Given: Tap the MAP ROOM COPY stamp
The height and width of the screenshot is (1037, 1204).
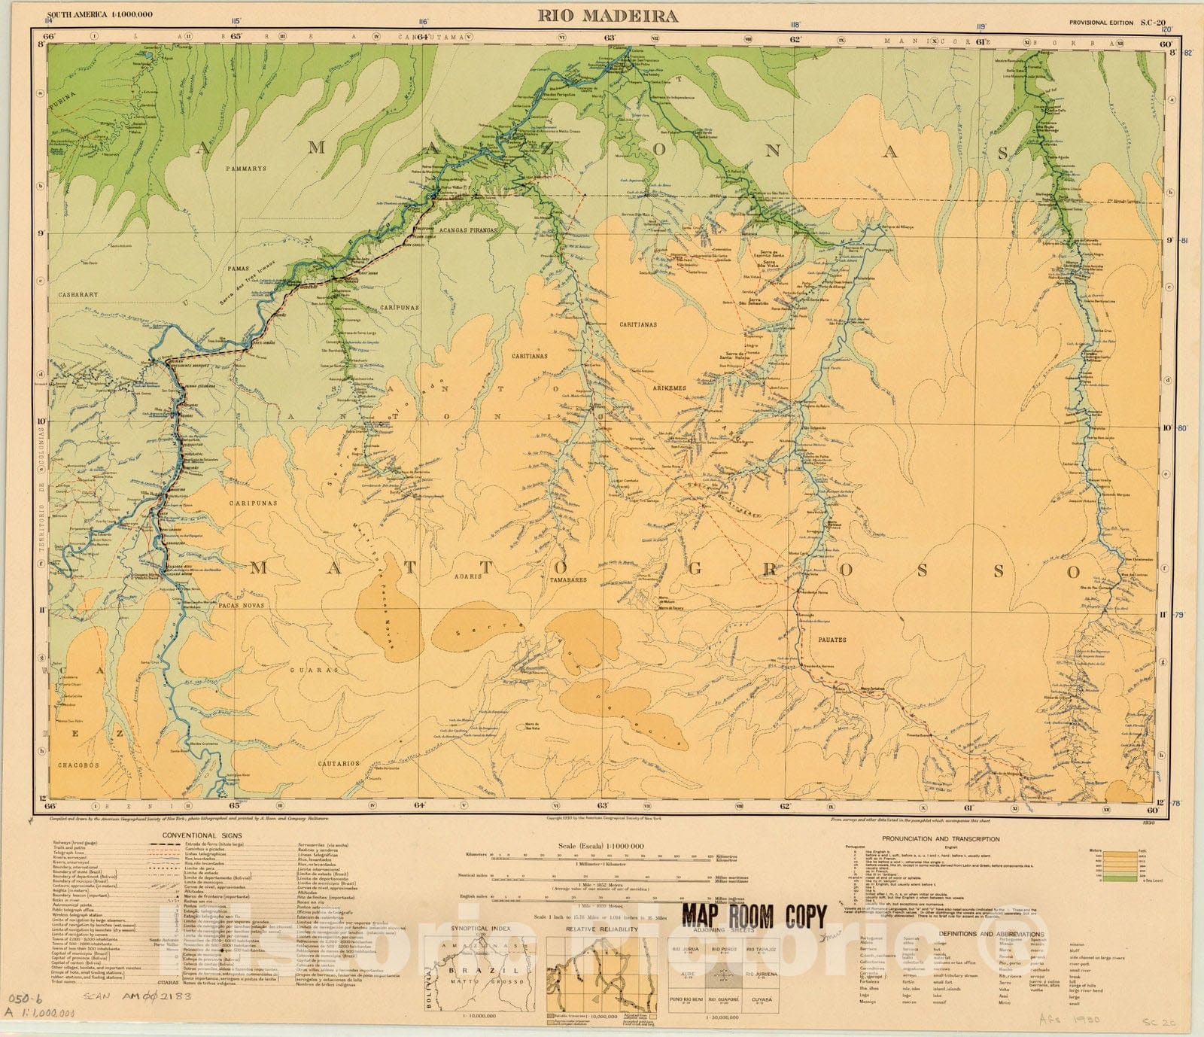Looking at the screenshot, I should click(x=754, y=916).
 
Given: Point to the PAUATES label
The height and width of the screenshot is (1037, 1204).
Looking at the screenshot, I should click(x=831, y=640).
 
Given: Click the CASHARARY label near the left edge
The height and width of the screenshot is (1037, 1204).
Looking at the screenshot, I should click(x=78, y=295).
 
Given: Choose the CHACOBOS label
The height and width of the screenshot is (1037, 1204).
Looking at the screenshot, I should click(x=78, y=765).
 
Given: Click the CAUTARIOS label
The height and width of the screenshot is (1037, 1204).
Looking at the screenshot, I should click(x=338, y=763).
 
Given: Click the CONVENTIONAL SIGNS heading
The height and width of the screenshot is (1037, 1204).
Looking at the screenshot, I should click(x=200, y=835).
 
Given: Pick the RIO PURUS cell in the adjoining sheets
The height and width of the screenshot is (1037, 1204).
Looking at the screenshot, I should click(x=723, y=950).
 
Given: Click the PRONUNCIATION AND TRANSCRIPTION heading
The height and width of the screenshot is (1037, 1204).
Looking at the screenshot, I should click(x=941, y=838).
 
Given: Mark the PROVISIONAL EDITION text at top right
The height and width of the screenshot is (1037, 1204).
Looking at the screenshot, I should click(x=1101, y=23).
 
